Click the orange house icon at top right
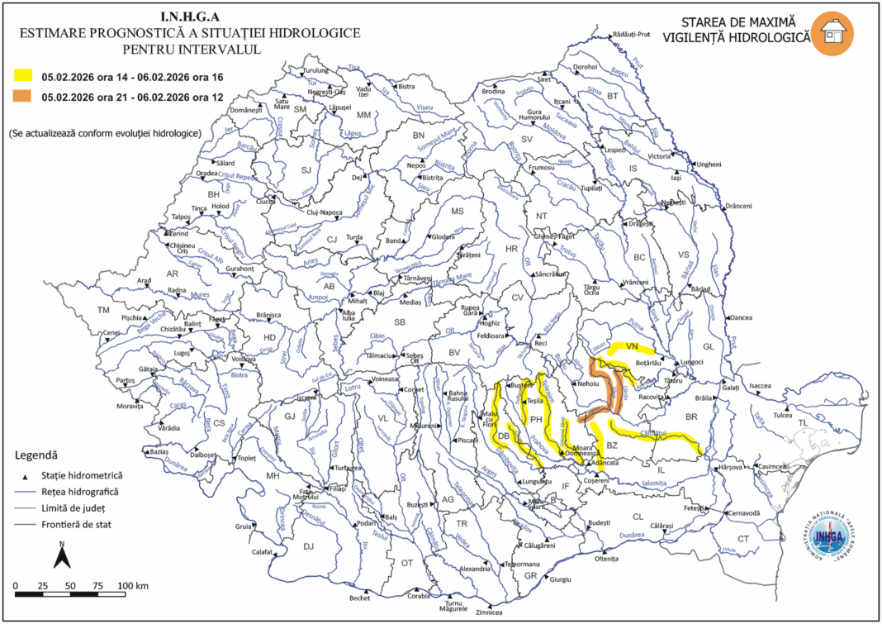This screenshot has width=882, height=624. (x=832, y=34)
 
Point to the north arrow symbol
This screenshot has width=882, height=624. (x=61, y=555)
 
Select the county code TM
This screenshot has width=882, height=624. (x=103, y=310)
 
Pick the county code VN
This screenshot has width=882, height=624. (x=633, y=346)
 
